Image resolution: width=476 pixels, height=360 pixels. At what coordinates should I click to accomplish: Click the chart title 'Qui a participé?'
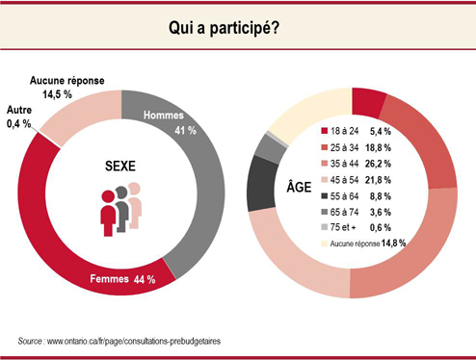238,29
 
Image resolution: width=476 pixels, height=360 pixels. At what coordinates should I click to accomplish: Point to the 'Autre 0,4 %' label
19,117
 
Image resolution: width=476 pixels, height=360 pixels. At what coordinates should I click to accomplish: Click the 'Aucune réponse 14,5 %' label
62,89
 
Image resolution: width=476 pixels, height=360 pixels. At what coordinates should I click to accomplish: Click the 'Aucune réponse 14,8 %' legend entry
366,246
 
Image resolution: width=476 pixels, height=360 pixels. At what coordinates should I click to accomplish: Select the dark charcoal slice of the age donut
259,183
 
